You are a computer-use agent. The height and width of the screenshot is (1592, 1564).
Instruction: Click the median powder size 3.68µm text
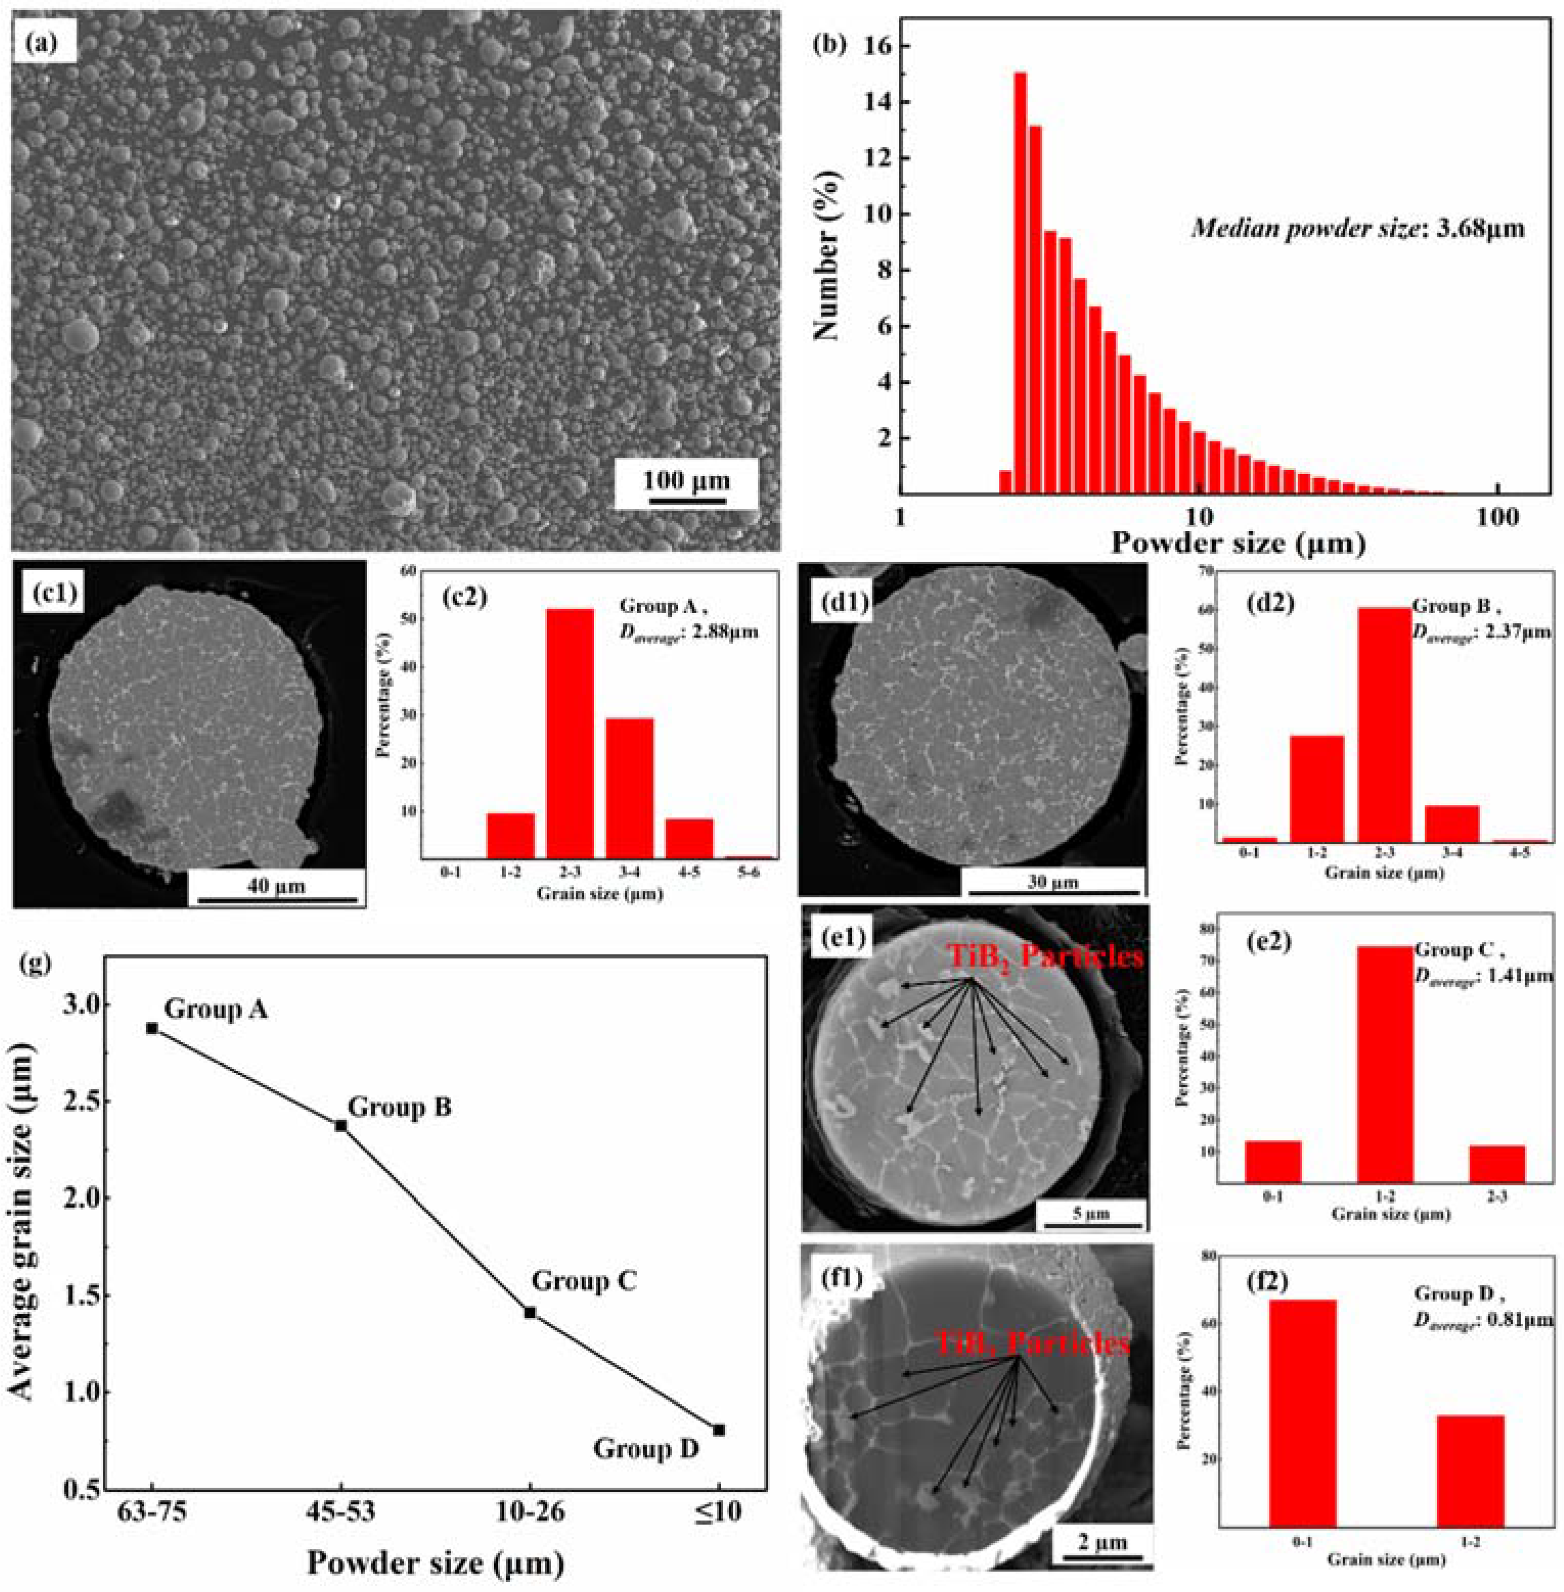tap(1358, 229)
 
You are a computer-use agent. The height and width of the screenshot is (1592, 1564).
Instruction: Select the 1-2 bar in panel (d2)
tap(1317, 789)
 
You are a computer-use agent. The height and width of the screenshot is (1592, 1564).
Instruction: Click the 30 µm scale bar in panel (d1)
tap(1052, 890)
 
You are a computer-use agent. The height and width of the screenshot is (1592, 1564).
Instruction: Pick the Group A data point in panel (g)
tap(152, 1028)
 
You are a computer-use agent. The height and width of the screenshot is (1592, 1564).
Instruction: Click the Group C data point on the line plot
tap(530, 1313)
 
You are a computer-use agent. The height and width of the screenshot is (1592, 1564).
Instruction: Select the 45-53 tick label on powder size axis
tap(341, 1512)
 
